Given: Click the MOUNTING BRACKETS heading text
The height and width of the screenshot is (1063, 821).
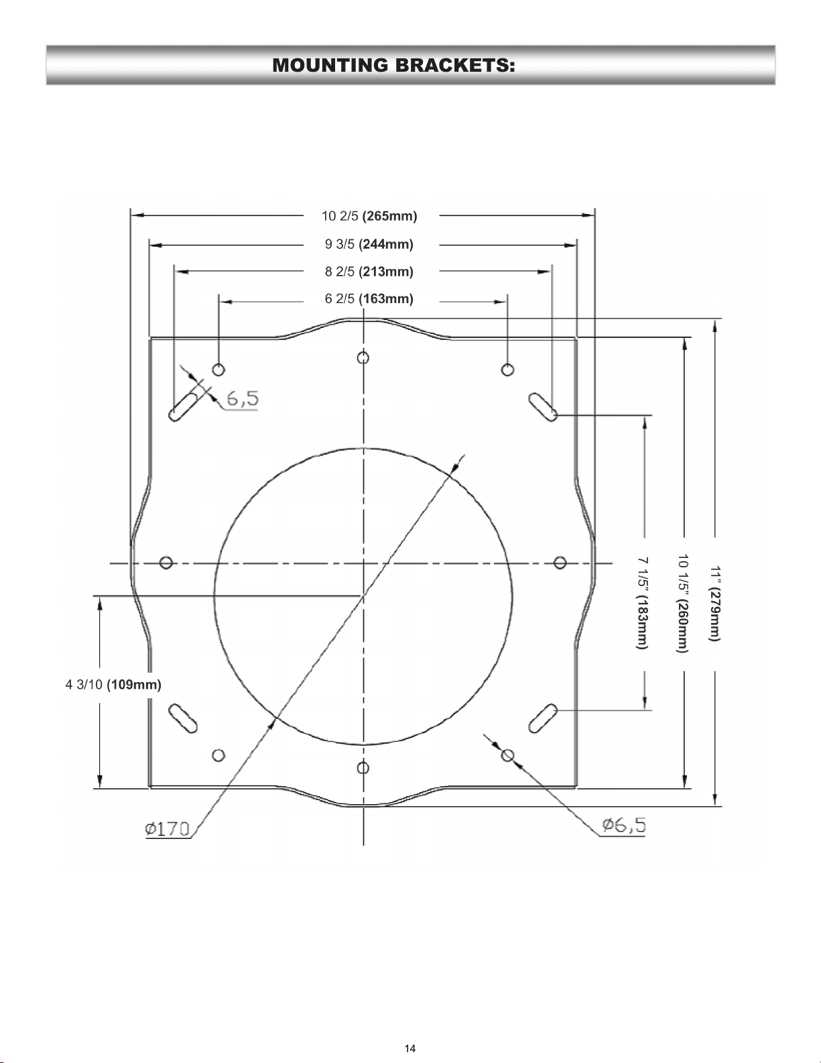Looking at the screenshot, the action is [x=393, y=65].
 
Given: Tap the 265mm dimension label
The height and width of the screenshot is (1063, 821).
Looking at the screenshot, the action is [x=369, y=216].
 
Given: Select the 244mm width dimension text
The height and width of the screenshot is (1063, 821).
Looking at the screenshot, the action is [x=369, y=244].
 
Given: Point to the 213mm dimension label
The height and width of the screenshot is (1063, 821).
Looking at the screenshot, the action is [x=369, y=272].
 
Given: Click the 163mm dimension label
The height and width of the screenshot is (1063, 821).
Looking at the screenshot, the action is [x=369, y=298].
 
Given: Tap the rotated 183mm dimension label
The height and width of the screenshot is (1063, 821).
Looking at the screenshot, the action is [x=643, y=603].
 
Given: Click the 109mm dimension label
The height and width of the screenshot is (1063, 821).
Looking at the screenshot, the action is [x=113, y=684].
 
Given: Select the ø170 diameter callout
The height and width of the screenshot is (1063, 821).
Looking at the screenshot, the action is [x=167, y=829].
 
